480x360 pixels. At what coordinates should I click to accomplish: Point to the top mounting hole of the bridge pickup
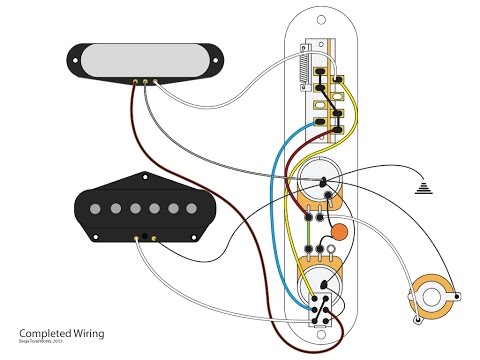140,177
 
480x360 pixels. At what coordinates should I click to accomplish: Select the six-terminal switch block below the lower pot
322,306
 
